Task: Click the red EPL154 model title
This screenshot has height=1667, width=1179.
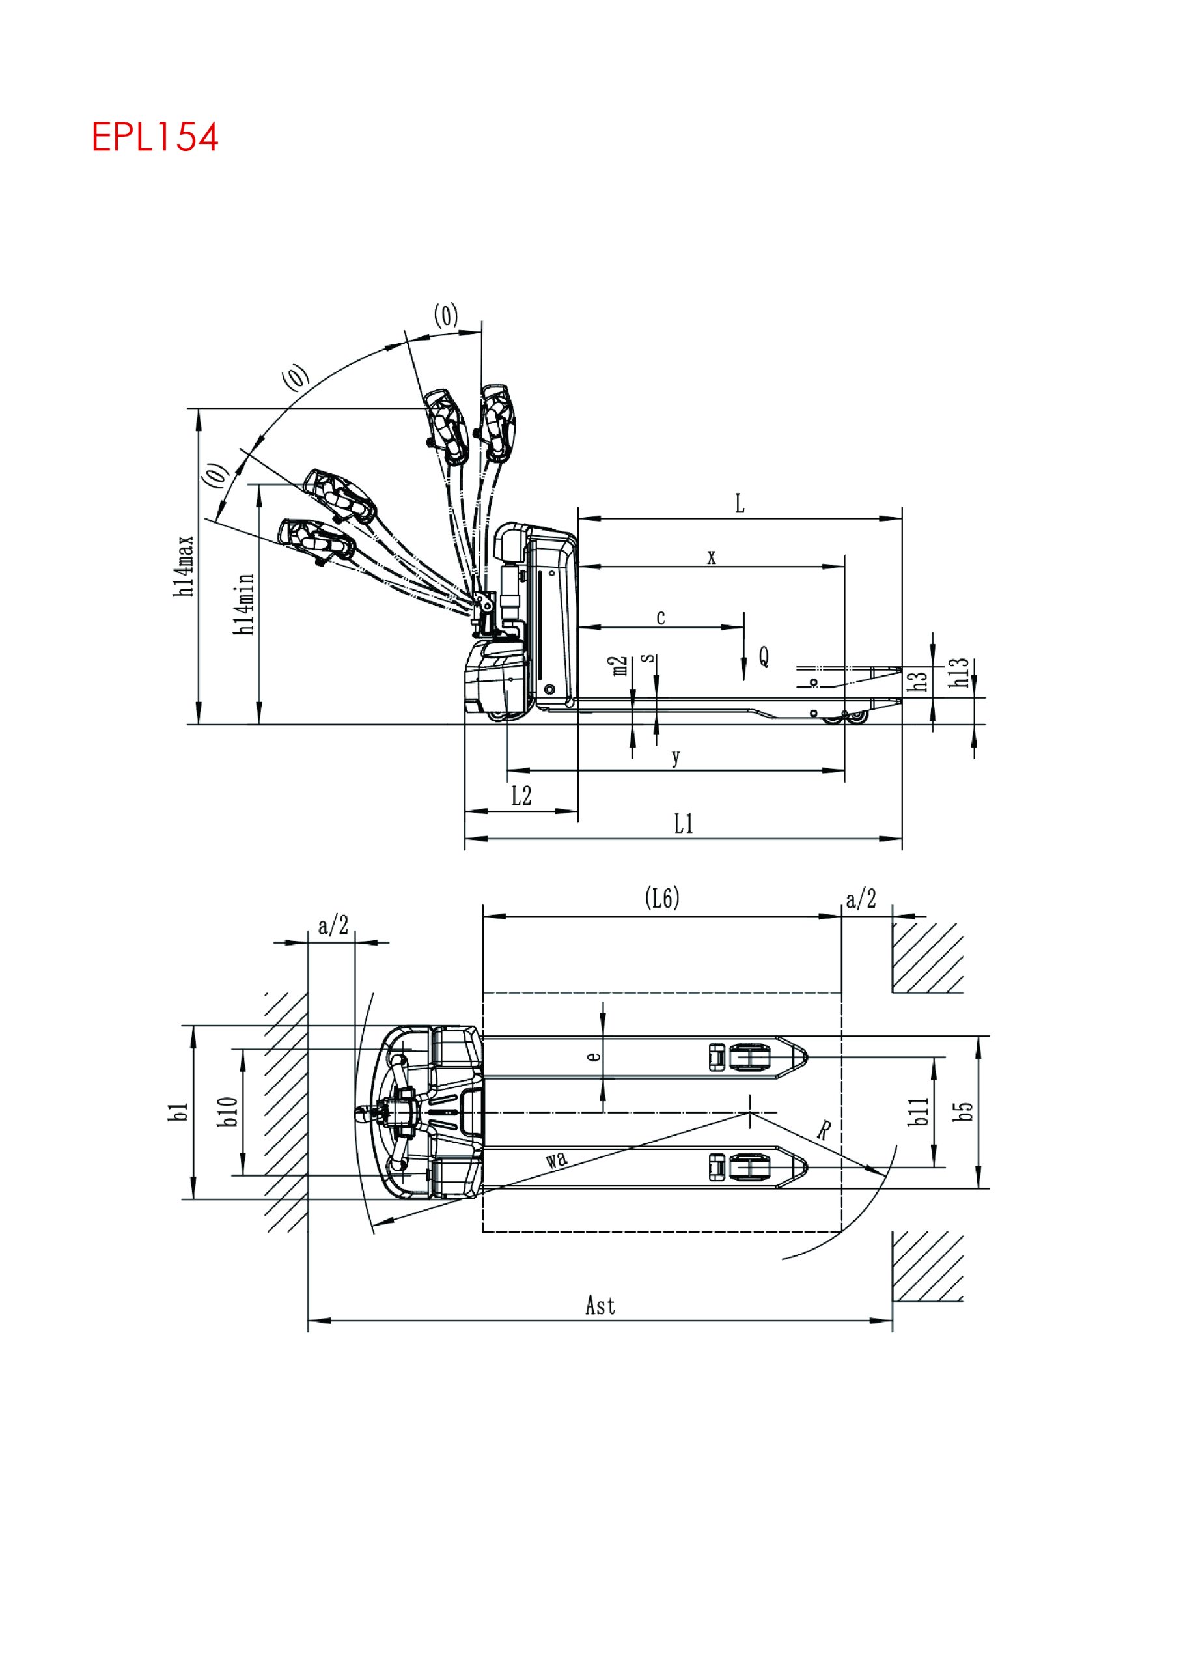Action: coord(155,137)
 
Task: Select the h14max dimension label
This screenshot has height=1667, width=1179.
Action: coord(185,567)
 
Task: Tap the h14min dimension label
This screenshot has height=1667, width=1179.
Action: coord(245,604)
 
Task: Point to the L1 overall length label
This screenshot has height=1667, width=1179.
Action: coord(683,824)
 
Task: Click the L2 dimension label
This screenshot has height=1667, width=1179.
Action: coord(521,796)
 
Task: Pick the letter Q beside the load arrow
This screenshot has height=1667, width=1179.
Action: coord(764,657)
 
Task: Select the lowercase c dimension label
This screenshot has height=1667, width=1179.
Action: coord(661,618)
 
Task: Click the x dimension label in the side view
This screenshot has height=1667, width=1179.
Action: coord(712,557)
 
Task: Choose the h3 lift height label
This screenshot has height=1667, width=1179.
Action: coord(920,680)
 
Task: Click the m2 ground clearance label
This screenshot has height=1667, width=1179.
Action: coord(619,665)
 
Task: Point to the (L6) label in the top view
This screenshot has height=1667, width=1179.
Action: coord(662,899)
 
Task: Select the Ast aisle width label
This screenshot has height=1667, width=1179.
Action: coord(600,1306)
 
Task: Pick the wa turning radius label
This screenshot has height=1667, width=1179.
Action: coord(556,1159)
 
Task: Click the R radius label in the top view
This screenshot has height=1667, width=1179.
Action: coord(824,1130)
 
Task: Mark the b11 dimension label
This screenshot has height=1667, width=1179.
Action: coord(919,1111)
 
